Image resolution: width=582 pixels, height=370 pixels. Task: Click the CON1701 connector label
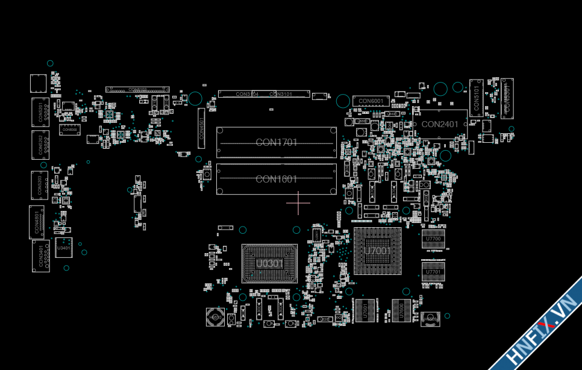pyautogui.click(x=277, y=143)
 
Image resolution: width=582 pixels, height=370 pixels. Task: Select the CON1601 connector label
pyautogui.click(x=277, y=179)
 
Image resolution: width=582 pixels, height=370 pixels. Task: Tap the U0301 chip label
pyautogui.click(x=269, y=264)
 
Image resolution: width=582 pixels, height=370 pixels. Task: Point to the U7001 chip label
pyautogui.click(x=377, y=251)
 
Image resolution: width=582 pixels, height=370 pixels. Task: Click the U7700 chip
pyautogui.click(x=433, y=239)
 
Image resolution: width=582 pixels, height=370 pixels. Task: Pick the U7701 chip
pyautogui.click(x=433, y=272)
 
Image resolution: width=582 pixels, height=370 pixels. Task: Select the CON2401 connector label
pyautogui.click(x=440, y=125)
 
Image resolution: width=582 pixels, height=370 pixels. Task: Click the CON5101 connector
pyautogui.click(x=477, y=97)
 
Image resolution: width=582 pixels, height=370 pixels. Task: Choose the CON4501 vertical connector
pyautogui.click(x=201, y=128)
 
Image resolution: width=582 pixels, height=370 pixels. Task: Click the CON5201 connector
pyautogui.click(x=40, y=112)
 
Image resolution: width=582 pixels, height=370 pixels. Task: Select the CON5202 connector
pyautogui.click(x=40, y=145)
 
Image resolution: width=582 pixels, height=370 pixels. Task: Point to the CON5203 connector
pyautogui.click(x=40, y=185)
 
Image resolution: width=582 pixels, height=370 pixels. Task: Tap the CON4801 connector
pyautogui.click(x=37, y=222)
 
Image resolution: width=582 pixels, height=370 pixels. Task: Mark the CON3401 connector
pyautogui.click(x=40, y=256)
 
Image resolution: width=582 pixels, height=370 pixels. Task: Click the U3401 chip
pyautogui.click(x=63, y=248)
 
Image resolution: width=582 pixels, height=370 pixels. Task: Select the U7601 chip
pyautogui.click(x=364, y=311)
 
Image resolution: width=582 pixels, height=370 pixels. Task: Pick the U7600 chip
pyautogui.click(x=402, y=311)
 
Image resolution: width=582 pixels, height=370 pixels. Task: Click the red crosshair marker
pyautogui.click(x=298, y=203)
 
